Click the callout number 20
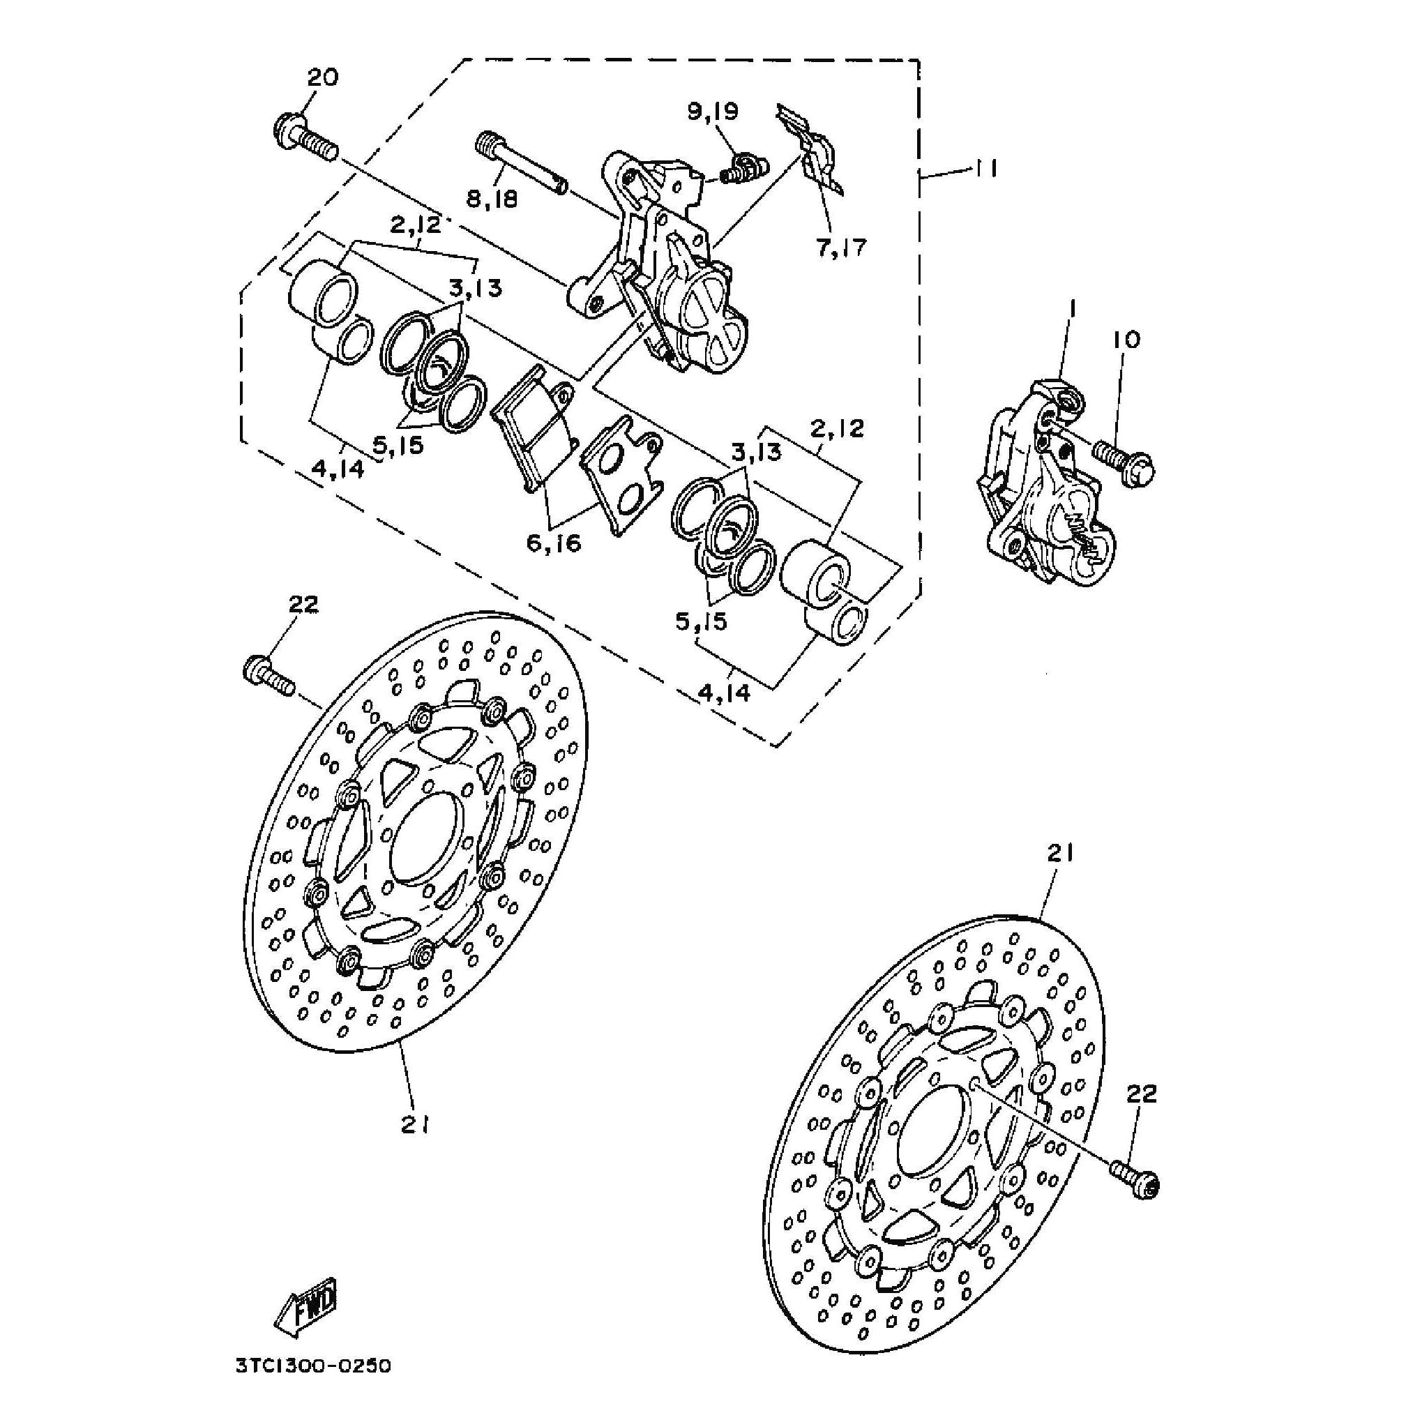(x=322, y=77)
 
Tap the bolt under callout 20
(x=305, y=139)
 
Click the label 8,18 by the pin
(x=492, y=198)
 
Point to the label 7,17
(x=841, y=248)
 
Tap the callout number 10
(x=1126, y=340)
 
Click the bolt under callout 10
(x=1125, y=463)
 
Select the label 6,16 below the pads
(x=554, y=542)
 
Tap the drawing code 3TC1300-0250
(x=313, y=1366)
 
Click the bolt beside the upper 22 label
(x=268, y=676)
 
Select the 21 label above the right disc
(x=1060, y=854)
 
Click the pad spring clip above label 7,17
(x=815, y=149)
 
